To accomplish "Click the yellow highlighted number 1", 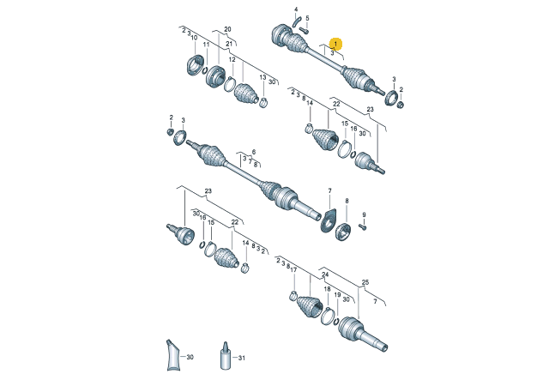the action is click(335, 44).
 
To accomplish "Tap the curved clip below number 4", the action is click(297, 21).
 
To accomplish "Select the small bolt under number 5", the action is click(305, 31).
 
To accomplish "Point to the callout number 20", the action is click(227, 29).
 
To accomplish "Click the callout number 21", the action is click(229, 44).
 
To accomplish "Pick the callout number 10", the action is click(194, 38).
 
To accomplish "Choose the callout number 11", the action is click(206, 45).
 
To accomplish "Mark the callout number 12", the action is click(232, 59).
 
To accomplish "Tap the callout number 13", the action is click(262, 77).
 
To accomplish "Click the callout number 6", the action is click(254, 152).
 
